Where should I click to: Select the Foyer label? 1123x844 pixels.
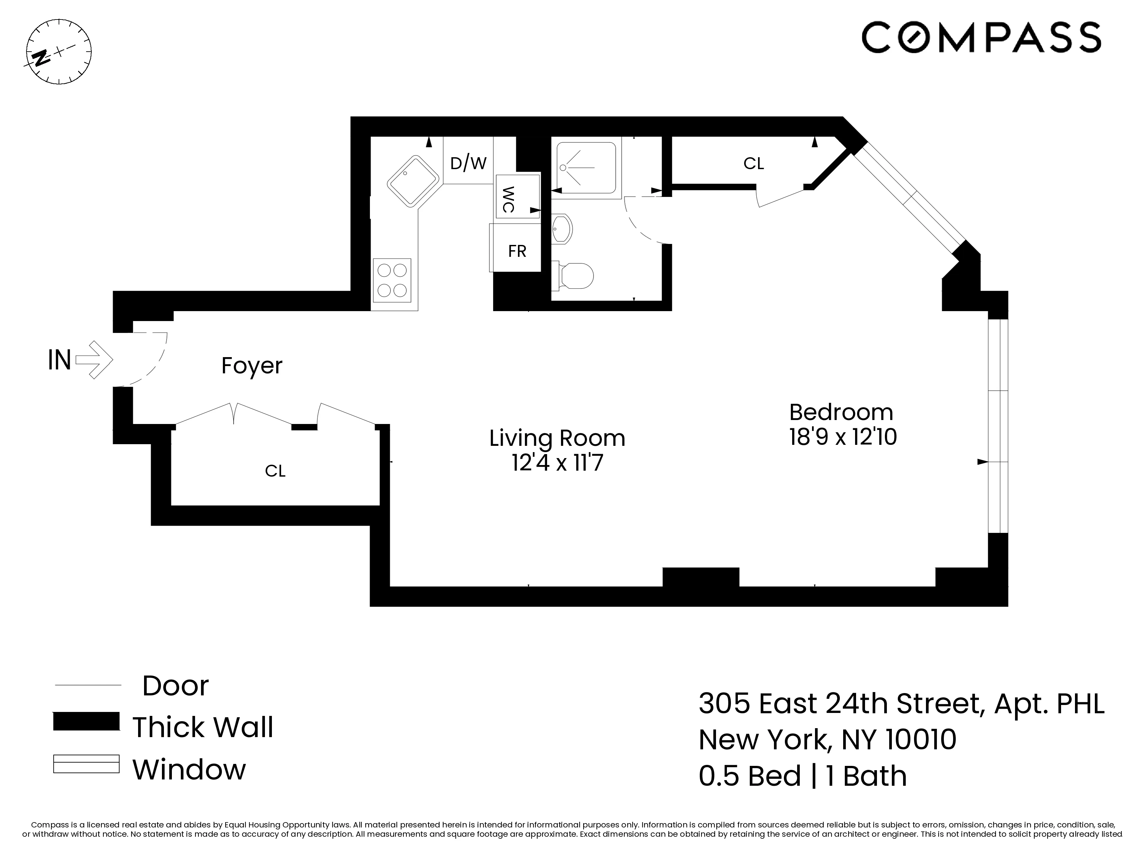coord(252,365)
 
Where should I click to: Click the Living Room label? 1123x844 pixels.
coord(557,438)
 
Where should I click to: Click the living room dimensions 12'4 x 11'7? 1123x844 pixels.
coord(557,463)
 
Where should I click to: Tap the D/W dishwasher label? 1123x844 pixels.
coord(468,163)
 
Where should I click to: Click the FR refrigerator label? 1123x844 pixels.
coord(517,251)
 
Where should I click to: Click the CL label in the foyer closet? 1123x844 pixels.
coord(275,471)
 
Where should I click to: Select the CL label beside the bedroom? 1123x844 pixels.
coord(753,164)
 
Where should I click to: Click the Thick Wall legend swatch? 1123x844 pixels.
coord(86,721)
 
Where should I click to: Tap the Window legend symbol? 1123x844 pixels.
coord(86,764)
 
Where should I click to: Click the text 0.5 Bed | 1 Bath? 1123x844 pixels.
coord(802,776)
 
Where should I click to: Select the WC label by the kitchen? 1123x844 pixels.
coord(508,200)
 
